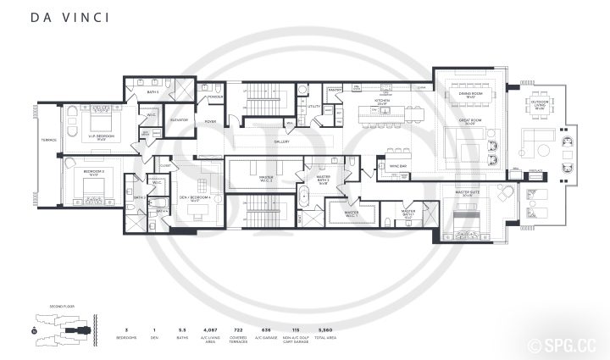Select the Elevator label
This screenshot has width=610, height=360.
pyautogui.click(x=179, y=120)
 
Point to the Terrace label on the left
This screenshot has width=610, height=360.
pyautogui.click(x=49, y=140)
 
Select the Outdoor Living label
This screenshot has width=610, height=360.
pyautogui.click(x=539, y=107)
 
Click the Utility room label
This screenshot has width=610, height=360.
pyautogui.click(x=313, y=107)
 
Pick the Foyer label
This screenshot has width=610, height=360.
pyautogui.click(x=211, y=121)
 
